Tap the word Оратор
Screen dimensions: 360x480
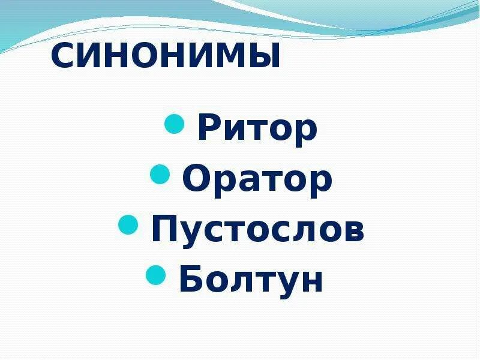tap(257, 179)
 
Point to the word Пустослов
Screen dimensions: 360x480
tap(257, 230)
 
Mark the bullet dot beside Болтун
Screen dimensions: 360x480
tap(156, 275)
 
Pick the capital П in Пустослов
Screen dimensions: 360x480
tap(166, 230)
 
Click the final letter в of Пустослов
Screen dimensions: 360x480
tap(353, 232)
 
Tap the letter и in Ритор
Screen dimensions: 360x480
tap(237, 132)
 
